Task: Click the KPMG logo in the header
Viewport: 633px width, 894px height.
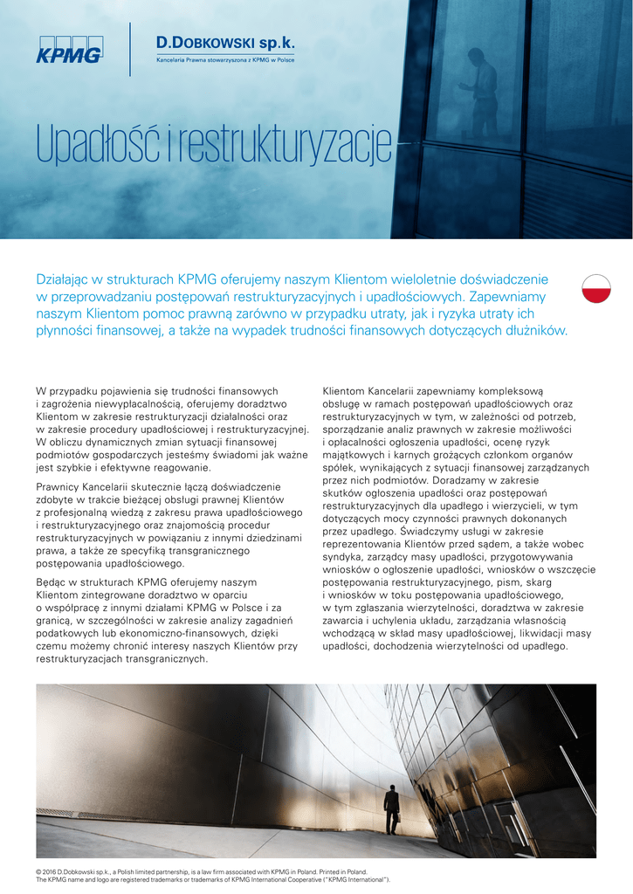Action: [x=69, y=50]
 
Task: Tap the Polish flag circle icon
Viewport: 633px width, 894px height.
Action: [x=596, y=285]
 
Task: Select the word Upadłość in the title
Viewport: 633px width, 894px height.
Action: [x=97, y=148]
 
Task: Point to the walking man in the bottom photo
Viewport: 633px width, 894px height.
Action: [x=392, y=808]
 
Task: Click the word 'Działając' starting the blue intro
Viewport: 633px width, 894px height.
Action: [x=66, y=280]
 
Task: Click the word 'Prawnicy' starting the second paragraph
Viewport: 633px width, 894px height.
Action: [x=58, y=486]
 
